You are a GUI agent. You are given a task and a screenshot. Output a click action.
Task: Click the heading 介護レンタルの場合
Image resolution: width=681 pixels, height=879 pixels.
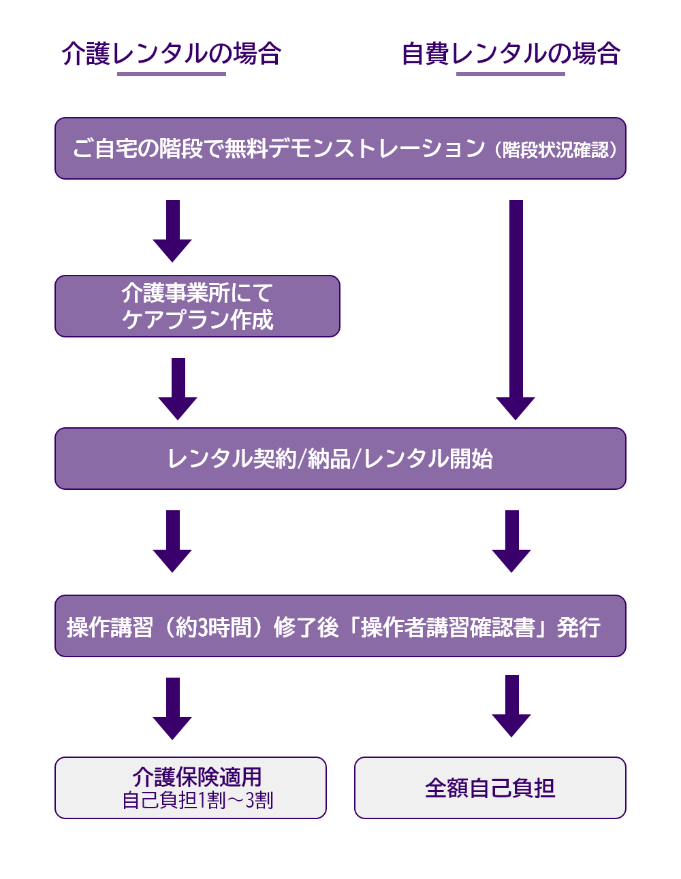tap(172, 53)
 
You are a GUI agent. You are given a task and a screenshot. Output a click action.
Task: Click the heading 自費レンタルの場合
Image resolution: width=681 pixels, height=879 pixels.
tap(511, 53)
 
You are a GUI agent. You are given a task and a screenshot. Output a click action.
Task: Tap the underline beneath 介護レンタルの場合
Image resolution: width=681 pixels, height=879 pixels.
tap(172, 73)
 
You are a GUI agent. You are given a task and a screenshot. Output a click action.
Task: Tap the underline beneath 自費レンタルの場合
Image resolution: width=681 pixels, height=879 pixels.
tap(511, 73)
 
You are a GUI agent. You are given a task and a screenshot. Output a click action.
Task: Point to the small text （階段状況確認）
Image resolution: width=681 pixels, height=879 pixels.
tap(555, 150)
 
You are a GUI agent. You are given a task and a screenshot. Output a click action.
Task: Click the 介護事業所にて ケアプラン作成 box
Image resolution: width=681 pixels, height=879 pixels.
tap(197, 306)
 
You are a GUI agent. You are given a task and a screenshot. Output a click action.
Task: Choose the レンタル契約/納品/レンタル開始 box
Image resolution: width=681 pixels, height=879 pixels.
tap(340, 459)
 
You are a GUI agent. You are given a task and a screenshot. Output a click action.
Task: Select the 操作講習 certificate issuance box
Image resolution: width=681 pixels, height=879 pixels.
tap(340, 626)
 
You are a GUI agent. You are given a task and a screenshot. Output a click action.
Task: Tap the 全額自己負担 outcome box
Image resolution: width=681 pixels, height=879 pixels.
tap(490, 788)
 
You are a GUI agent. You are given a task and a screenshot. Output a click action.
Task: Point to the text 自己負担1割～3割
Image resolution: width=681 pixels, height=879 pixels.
tap(197, 801)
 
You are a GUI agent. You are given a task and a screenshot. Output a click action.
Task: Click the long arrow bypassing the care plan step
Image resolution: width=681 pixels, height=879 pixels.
tap(516, 310)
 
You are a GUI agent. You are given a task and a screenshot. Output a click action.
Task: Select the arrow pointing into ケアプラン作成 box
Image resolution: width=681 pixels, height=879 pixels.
tap(172, 231)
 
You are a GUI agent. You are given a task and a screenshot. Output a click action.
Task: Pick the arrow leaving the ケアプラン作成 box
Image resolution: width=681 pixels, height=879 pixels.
tap(178, 388)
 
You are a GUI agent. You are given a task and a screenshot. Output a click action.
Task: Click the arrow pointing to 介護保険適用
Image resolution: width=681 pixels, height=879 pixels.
tap(172, 708)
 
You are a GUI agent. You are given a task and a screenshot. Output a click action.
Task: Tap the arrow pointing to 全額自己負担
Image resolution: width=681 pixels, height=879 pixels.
tap(511, 706)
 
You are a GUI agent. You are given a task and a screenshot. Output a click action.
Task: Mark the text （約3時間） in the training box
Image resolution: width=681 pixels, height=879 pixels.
tap(215, 627)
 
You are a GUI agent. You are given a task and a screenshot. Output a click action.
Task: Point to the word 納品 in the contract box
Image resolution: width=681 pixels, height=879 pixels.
tap(330, 459)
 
